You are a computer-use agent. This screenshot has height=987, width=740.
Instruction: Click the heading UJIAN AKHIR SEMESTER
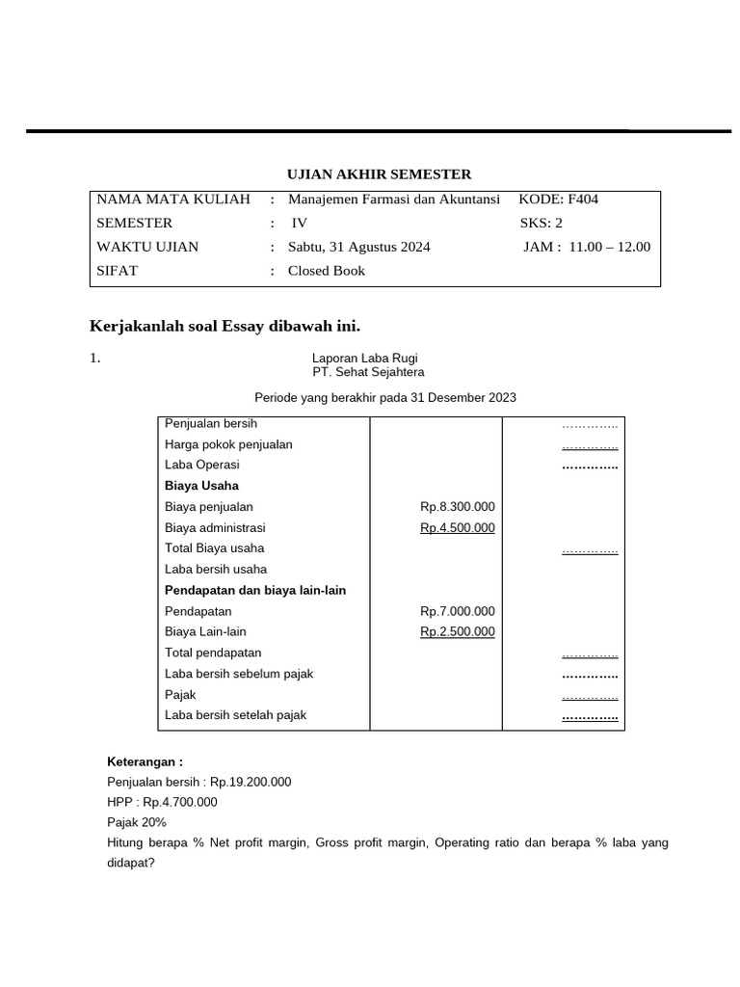pyautogui.click(x=380, y=174)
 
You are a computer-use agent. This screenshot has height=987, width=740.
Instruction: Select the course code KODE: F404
pyautogui.click(x=558, y=200)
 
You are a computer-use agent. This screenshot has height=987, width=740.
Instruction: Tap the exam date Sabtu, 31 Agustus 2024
pyautogui.click(x=359, y=247)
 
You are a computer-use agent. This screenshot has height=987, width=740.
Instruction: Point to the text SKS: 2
pyautogui.click(x=541, y=223)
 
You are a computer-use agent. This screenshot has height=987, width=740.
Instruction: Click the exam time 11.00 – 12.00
pyautogui.click(x=610, y=247)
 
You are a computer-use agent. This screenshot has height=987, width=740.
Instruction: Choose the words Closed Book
pyautogui.click(x=327, y=271)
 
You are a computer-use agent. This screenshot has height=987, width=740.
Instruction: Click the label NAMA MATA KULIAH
pyautogui.click(x=173, y=200)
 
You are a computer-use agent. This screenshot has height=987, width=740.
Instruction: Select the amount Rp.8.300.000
pyautogui.click(x=457, y=507)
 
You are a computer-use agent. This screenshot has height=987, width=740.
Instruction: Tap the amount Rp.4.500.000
pyautogui.click(x=457, y=527)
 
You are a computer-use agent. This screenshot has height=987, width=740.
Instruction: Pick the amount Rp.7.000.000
pyautogui.click(x=457, y=611)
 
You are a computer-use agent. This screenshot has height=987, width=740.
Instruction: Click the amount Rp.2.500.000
pyautogui.click(x=457, y=631)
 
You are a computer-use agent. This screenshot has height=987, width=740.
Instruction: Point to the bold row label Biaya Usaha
pyautogui.click(x=201, y=486)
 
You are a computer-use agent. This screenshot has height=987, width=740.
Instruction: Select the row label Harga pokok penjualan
pyautogui.click(x=228, y=444)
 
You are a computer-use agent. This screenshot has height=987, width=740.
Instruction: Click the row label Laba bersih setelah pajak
pyautogui.click(x=235, y=715)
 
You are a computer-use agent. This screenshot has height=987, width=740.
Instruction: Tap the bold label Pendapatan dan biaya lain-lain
pyautogui.click(x=255, y=590)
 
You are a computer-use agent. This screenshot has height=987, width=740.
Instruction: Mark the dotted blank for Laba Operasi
pyautogui.click(x=590, y=466)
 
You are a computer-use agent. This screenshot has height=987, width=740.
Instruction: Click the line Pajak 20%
pyautogui.click(x=137, y=822)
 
